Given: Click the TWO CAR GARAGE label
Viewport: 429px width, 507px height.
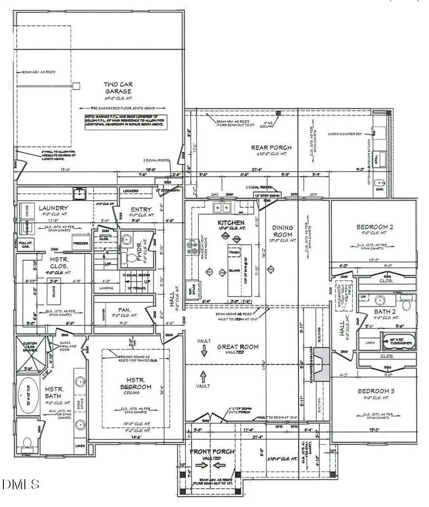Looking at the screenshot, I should click(x=118, y=88).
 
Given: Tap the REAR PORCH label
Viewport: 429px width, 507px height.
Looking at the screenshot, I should click(x=271, y=147).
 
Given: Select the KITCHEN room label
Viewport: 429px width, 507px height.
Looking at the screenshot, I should click(x=231, y=223).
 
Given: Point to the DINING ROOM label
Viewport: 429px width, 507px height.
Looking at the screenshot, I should click(x=283, y=231).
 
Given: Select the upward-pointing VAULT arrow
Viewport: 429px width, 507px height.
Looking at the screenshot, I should click(x=203, y=375).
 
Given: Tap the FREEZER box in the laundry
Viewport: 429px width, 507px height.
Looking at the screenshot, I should click(x=80, y=243).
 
